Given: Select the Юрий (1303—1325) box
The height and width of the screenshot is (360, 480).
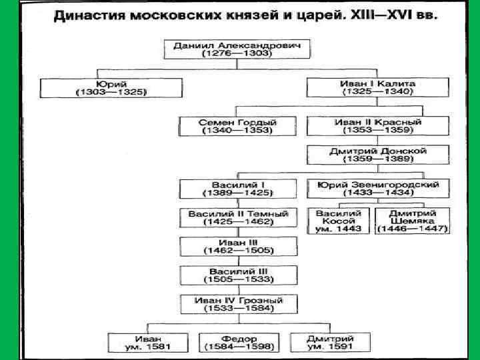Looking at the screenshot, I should [111, 88].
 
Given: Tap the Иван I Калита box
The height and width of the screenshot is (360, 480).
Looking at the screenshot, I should [378, 88].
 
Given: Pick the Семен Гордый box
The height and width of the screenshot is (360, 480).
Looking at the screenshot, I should [238, 127].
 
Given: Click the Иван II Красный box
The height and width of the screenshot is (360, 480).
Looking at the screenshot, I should [378, 127].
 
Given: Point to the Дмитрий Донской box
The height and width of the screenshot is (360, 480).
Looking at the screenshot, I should [378, 155].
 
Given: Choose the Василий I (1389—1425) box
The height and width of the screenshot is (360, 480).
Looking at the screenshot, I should [238, 188].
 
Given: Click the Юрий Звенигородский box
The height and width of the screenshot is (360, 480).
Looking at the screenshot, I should [378, 188].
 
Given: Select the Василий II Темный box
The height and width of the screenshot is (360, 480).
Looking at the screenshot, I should [238, 218].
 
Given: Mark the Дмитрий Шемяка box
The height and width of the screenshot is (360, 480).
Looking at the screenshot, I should [413, 221].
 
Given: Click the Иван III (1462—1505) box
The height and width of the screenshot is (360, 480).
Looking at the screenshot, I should [238, 247].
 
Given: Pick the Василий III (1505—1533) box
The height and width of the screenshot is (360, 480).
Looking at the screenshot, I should [238, 276].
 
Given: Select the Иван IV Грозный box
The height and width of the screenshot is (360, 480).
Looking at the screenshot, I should [238, 305].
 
